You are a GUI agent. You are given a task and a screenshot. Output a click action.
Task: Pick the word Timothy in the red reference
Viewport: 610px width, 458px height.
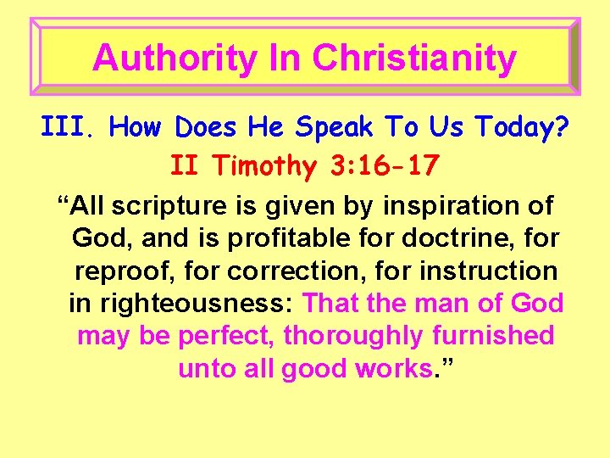[x=262, y=165]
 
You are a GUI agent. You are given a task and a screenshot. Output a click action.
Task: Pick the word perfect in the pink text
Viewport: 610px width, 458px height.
[x=226, y=336]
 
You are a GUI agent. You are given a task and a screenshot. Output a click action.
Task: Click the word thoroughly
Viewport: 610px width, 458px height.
[x=353, y=336]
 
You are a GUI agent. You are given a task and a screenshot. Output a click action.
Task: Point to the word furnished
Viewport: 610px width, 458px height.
[x=492, y=336]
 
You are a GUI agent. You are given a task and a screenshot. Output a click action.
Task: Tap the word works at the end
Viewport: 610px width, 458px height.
[x=399, y=369]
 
